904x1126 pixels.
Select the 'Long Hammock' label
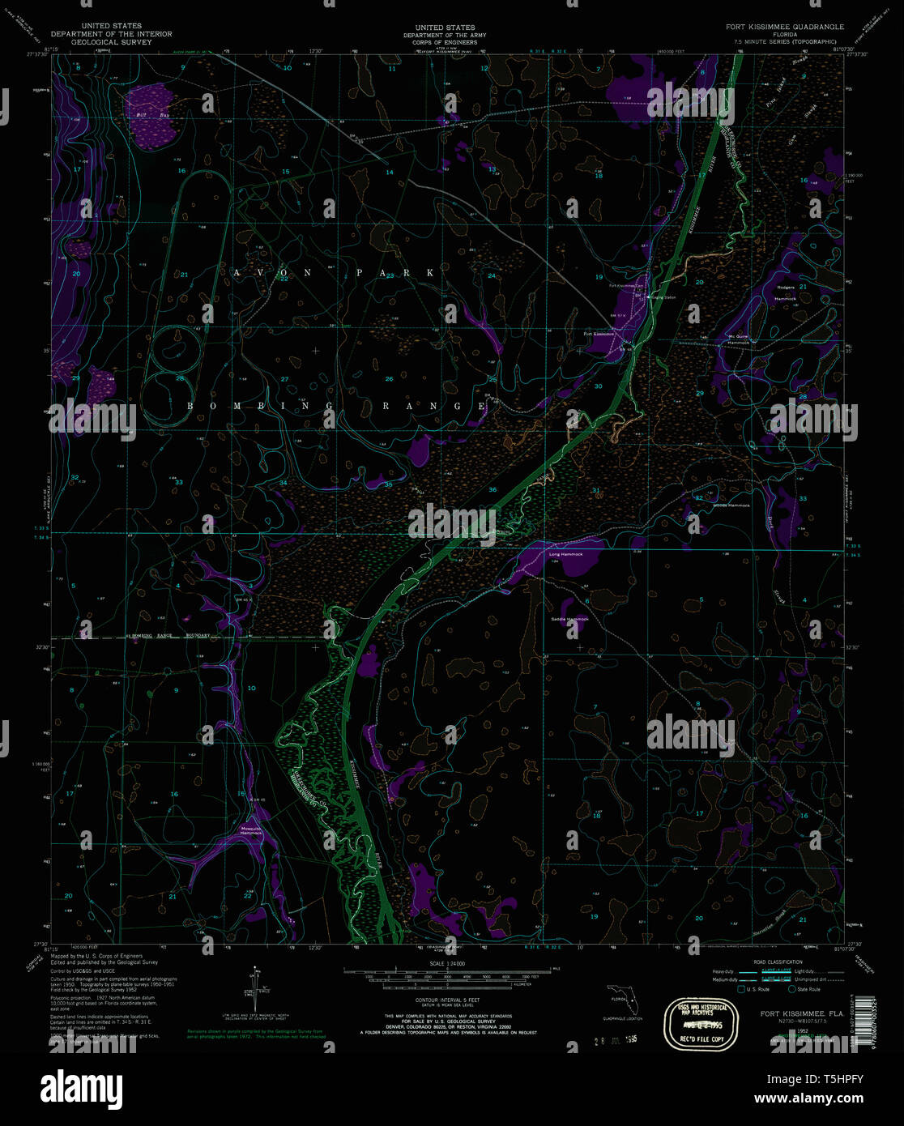565,554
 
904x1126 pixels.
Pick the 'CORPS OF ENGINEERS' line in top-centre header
445,42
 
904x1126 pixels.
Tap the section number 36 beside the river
493,490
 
